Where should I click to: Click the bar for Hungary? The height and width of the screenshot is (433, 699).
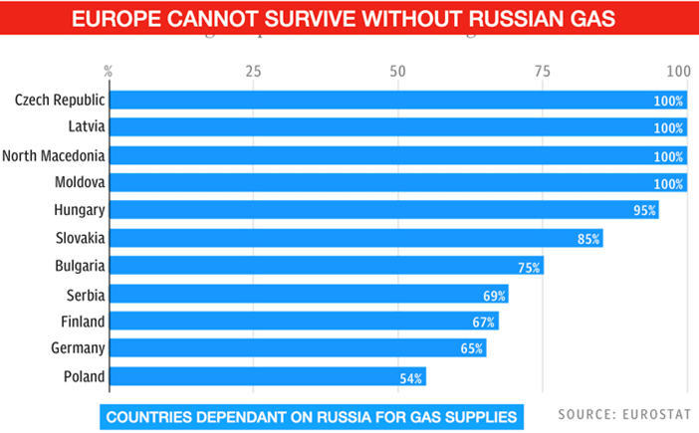point(383,210)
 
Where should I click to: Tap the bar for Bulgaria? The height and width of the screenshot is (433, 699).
point(326,266)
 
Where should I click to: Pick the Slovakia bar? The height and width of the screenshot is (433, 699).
point(355,238)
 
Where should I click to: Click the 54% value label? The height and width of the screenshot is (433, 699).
point(412,377)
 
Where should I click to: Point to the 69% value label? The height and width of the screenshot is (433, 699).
point(495,295)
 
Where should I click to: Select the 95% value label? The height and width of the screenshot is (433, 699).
point(645,211)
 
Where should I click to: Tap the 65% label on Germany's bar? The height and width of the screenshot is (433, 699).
point(472,349)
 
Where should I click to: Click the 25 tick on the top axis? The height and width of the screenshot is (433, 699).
point(253,72)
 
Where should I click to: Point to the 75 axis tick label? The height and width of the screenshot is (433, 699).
point(543,72)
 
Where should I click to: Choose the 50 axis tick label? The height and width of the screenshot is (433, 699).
point(398,72)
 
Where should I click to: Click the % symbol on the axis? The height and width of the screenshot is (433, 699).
point(108,72)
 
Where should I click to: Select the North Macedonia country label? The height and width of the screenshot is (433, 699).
point(54,155)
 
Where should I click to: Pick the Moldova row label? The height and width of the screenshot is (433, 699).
point(80,183)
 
